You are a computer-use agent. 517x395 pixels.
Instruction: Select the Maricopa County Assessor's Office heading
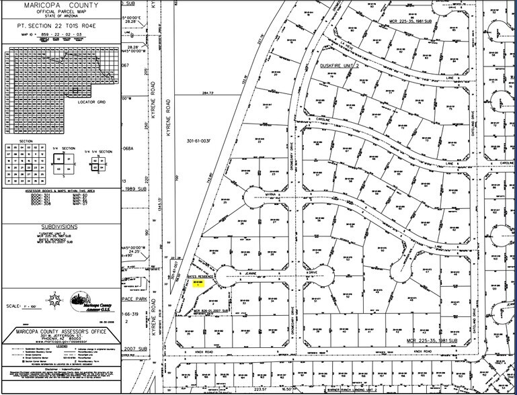pyautogui.click(x=61, y=333)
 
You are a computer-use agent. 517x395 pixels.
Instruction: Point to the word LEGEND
pyautogui.click(x=61, y=347)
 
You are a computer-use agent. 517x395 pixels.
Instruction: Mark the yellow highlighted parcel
pyautogui.click(x=198, y=283)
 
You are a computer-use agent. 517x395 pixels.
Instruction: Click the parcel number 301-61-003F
pyautogui.click(x=198, y=141)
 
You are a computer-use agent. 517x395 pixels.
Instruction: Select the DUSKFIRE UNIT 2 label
pyautogui.click(x=345, y=66)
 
